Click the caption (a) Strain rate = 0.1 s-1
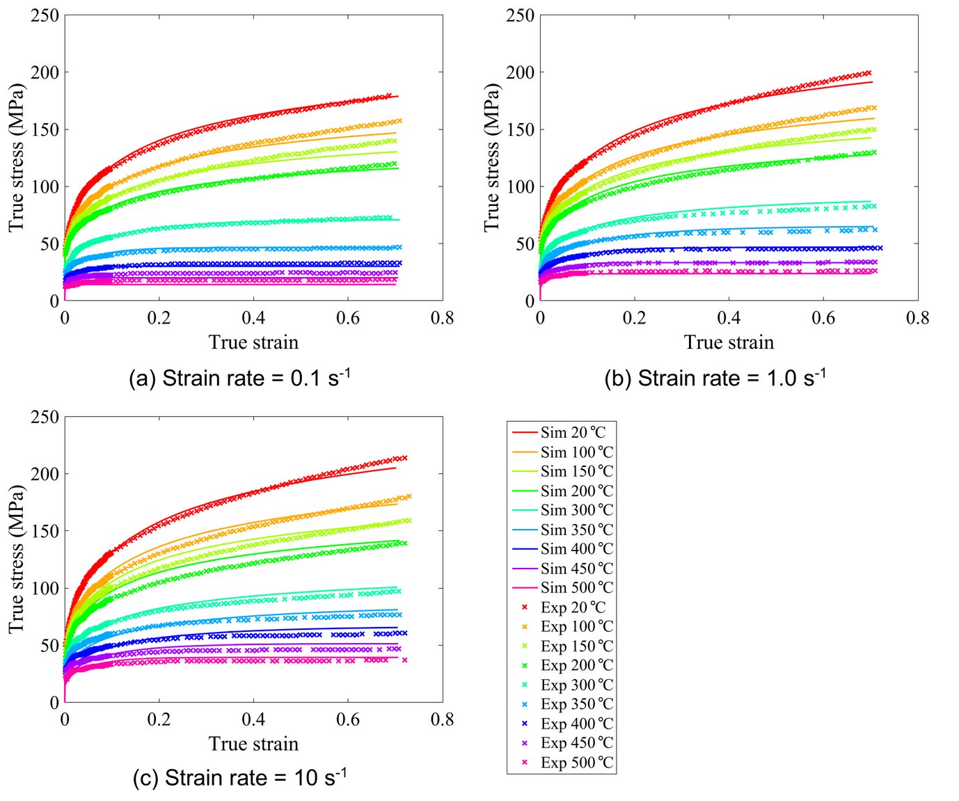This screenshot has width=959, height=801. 239,379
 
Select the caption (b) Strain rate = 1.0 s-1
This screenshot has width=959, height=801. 715,379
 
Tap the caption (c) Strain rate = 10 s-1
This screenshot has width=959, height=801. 239,778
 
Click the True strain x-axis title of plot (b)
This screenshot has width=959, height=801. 729,342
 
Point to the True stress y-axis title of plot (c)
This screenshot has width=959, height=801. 17,560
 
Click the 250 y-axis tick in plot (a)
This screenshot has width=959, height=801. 45,15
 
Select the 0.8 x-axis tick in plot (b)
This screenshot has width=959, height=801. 917,319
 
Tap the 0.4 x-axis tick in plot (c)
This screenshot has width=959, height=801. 253,720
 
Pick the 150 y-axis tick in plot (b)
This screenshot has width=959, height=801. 520,129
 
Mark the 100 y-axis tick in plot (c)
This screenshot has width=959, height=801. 45,588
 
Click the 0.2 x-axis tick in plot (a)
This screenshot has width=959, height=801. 159,319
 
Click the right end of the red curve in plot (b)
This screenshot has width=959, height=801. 872,82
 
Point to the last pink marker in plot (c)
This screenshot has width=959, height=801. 405,660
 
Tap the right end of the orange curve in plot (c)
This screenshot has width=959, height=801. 397,503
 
